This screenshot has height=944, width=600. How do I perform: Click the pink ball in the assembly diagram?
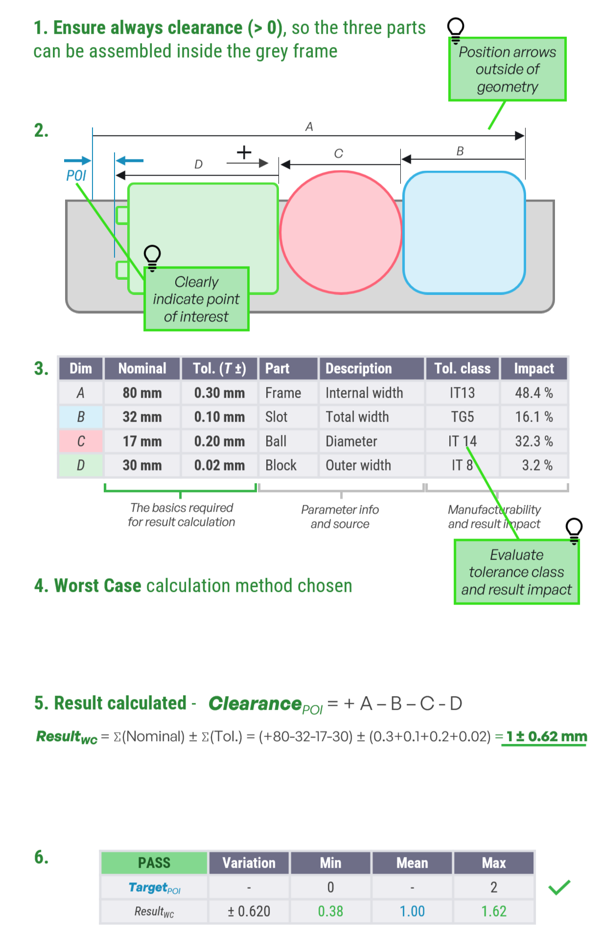point(341,232)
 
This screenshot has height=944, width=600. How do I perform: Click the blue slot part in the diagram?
point(463,232)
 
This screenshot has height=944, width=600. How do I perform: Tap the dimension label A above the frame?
point(309,127)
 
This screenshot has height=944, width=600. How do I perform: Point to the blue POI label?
point(76,175)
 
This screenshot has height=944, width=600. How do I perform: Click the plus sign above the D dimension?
point(244,152)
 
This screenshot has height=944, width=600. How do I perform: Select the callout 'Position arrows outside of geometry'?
point(507,69)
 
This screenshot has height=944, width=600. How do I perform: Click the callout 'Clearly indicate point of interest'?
point(196,299)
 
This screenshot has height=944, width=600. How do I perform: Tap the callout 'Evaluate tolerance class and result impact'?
point(516,572)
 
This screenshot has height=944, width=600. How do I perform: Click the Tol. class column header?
point(462,368)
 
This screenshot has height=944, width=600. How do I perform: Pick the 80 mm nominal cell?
point(142,393)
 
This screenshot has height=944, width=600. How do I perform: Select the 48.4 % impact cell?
point(533,393)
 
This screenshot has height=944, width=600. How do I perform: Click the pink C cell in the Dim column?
point(81,441)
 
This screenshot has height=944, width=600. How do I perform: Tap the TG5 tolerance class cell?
point(462,417)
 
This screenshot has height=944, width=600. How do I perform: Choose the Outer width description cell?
point(358,465)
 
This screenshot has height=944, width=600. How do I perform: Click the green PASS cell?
point(154,863)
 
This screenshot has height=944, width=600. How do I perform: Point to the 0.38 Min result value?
point(330,911)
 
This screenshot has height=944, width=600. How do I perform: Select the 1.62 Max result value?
point(493,911)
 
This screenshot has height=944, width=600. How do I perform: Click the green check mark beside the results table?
point(559,887)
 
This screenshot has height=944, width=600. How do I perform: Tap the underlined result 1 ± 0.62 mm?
point(546,737)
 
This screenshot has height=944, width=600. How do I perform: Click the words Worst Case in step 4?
point(97,585)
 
